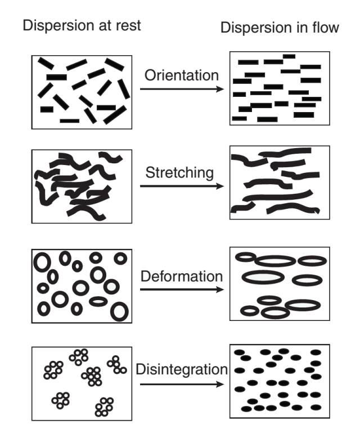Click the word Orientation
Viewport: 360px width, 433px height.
[x=181, y=75]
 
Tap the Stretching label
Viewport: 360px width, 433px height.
[x=179, y=172]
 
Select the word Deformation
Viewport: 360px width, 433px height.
[x=182, y=276]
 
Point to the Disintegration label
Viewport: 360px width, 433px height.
[x=182, y=370]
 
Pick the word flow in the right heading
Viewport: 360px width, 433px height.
[x=327, y=28]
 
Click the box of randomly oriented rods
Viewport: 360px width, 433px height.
[x=82, y=91]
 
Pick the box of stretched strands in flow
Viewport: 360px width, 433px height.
[x=280, y=182]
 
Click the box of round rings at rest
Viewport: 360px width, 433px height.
[x=82, y=285]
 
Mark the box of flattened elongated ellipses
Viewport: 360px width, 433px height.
[x=280, y=284]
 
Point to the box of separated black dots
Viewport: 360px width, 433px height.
[x=280, y=380]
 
